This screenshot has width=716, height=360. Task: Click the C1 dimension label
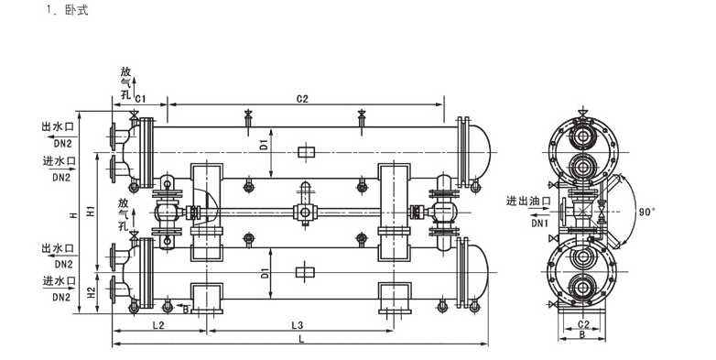141,99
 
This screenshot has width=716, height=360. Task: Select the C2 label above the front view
303,99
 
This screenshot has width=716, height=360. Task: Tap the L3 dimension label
298,325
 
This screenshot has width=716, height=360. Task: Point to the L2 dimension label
158,325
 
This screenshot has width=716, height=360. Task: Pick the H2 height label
91,292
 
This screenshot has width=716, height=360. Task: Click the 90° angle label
647,211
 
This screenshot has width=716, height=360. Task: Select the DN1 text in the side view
539,224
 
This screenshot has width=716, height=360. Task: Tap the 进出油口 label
528,201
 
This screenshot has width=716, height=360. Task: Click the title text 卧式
77,10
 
